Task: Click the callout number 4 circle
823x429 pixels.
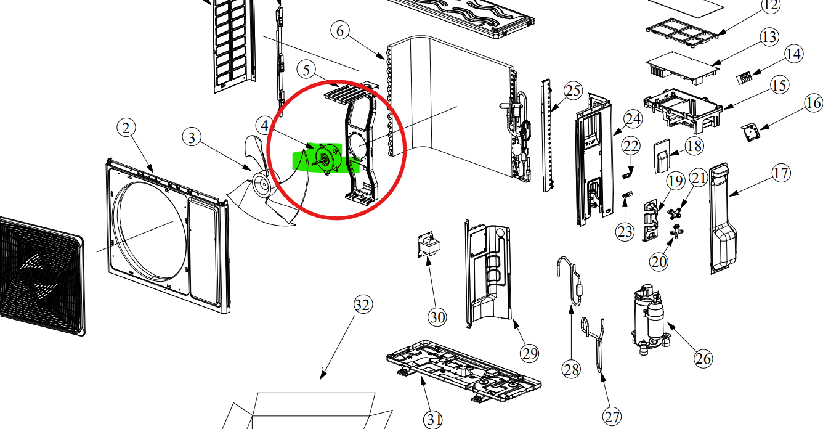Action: pyautogui.click(x=264, y=126)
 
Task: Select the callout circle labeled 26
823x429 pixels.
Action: pyautogui.click(x=703, y=358)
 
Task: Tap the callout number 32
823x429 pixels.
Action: pyautogui.click(x=363, y=304)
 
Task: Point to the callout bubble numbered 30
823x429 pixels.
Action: pyautogui.click(x=437, y=317)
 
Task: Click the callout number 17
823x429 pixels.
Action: pyautogui.click(x=780, y=173)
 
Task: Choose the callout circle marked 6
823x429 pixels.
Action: pyautogui.click(x=340, y=31)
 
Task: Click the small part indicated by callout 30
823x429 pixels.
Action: pyautogui.click(x=429, y=245)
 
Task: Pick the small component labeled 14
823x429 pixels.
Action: pyautogui.click(x=745, y=78)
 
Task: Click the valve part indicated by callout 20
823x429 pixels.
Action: pyautogui.click(x=676, y=230)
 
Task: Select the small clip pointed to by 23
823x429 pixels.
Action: pyautogui.click(x=627, y=195)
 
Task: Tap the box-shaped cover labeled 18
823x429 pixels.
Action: pyautogui.click(x=662, y=156)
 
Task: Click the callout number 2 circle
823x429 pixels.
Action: pyautogui.click(x=126, y=128)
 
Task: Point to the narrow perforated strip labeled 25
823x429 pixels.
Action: pyautogui.click(x=548, y=135)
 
